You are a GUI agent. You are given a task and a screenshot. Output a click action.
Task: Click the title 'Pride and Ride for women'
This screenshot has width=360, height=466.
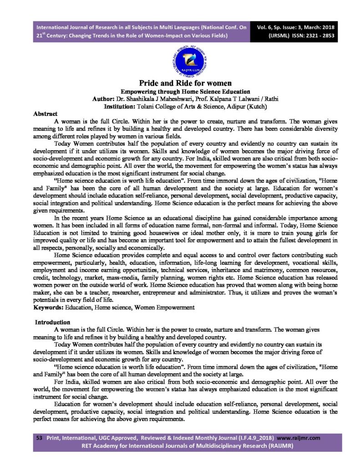tap(180, 83)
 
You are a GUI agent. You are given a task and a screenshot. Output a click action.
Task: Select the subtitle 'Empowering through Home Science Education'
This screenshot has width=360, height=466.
tap(180, 91)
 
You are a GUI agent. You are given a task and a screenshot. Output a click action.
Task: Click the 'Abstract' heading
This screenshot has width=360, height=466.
tap(45, 114)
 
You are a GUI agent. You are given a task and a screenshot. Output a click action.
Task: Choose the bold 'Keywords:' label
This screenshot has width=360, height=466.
tap(49, 308)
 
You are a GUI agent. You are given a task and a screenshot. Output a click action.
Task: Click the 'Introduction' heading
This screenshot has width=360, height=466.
tap(52, 322)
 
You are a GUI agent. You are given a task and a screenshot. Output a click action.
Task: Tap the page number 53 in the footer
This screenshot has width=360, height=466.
tap(39, 437)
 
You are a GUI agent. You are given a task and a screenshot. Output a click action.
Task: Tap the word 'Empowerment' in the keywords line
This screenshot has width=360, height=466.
tap(175, 308)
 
